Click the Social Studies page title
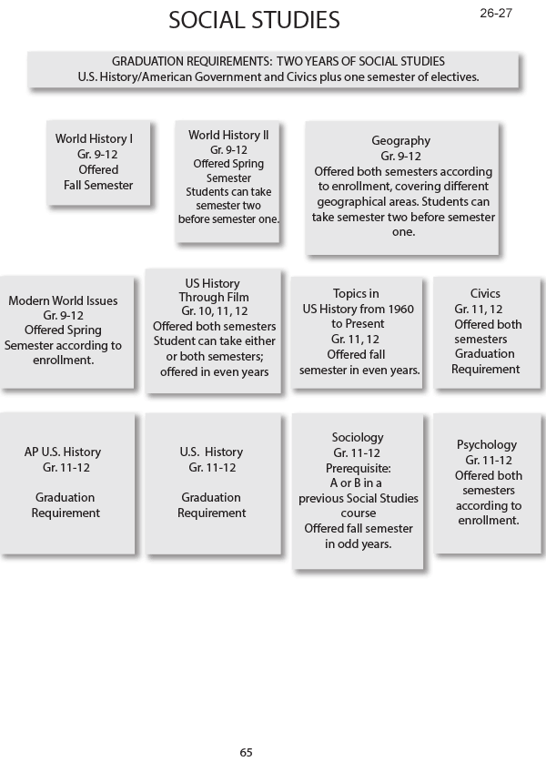(x=254, y=20)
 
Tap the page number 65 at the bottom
(x=246, y=752)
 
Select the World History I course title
(x=94, y=139)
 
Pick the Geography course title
(x=400, y=141)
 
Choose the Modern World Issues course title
(x=63, y=300)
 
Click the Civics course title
(x=485, y=294)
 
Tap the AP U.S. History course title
(x=63, y=452)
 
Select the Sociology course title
(x=358, y=438)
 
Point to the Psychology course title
(x=487, y=444)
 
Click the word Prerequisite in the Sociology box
(x=357, y=468)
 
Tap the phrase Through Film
(x=214, y=297)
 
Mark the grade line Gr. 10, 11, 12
(x=214, y=311)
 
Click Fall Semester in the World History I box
(x=98, y=185)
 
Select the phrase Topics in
(x=356, y=294)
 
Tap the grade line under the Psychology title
(x=487, y=460)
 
